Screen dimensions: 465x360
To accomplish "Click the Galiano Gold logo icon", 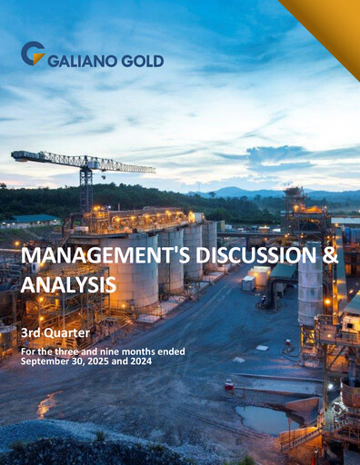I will pyautogui.click(x=32, y=54).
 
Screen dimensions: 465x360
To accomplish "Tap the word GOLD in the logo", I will pyautogui.click(x=145, y=61).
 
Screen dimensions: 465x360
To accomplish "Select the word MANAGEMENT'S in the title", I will pyautogui.click(x=101, y=258).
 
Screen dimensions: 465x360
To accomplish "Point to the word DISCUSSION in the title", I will pyautogui.click(x=245, y=258).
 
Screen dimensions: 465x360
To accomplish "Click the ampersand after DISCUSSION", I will pyautogui.click(x=329, y=258).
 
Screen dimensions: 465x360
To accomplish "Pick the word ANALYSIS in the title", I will pyautogui.click(x=69, y=284).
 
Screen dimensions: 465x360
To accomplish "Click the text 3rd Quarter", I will pyautogui.click(x=52, y=333).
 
